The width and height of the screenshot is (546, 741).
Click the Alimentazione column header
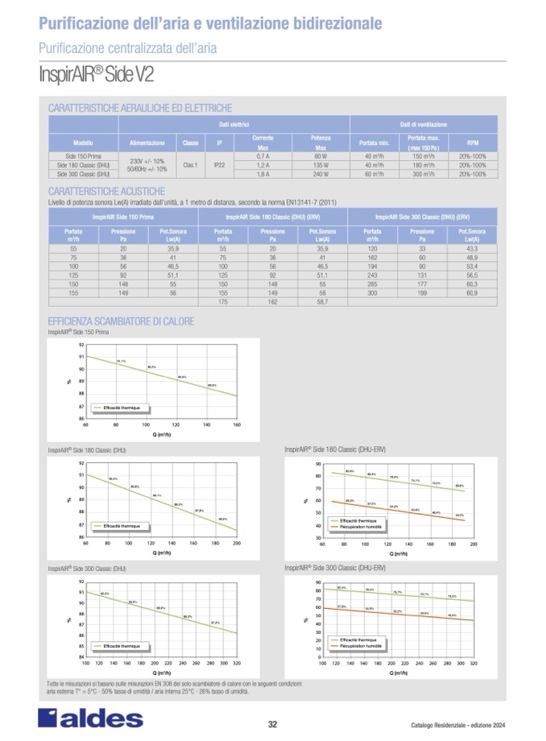pyautogui.click(x=147, y=142)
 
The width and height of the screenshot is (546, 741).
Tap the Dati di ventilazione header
pyautogui.click(x=424, y=125)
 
